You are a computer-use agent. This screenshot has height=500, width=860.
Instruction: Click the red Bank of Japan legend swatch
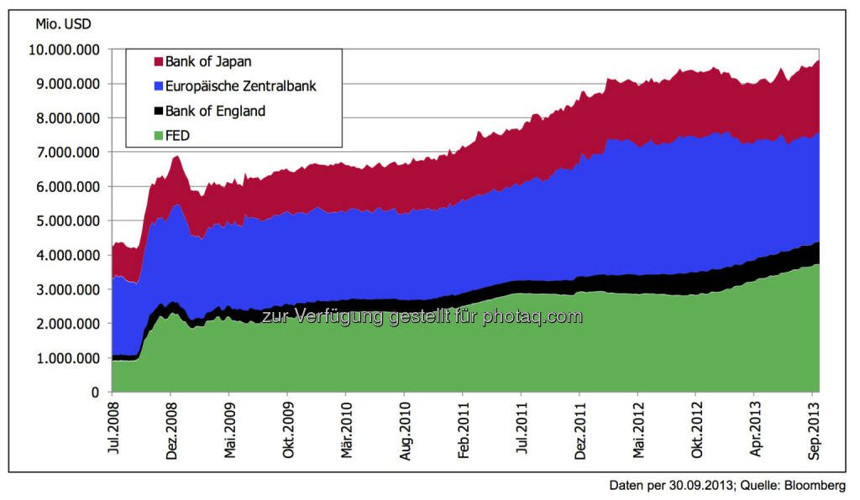point(157,61)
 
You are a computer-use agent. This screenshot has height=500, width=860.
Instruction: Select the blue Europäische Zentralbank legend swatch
point(157,86)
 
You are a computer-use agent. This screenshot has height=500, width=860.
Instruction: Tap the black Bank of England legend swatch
point(157,110)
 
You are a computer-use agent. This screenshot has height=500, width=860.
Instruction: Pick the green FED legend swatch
point(157,134)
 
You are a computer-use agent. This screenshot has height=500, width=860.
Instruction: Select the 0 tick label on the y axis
point(95,392)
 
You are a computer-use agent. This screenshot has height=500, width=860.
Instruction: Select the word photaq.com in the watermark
point(532,316)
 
